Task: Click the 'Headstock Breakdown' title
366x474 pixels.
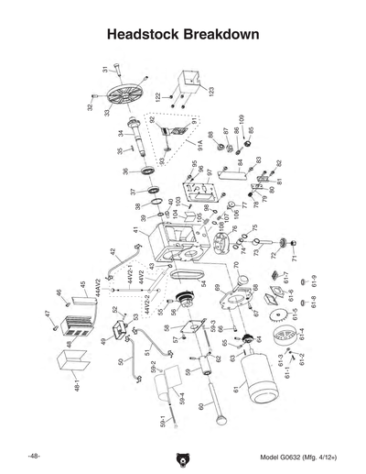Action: pyautogui.click(x=182, y=34)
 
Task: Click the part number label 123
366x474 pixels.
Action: pyautogui.click(x=211, y=93)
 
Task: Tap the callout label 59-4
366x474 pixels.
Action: pyautogui.click(x=182, y=400)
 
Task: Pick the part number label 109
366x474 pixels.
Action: pyautogui.click(x=241, y=120)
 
